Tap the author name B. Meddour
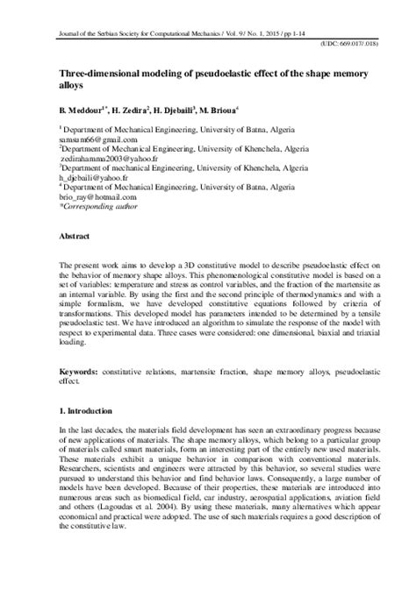tap(84, 110)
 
